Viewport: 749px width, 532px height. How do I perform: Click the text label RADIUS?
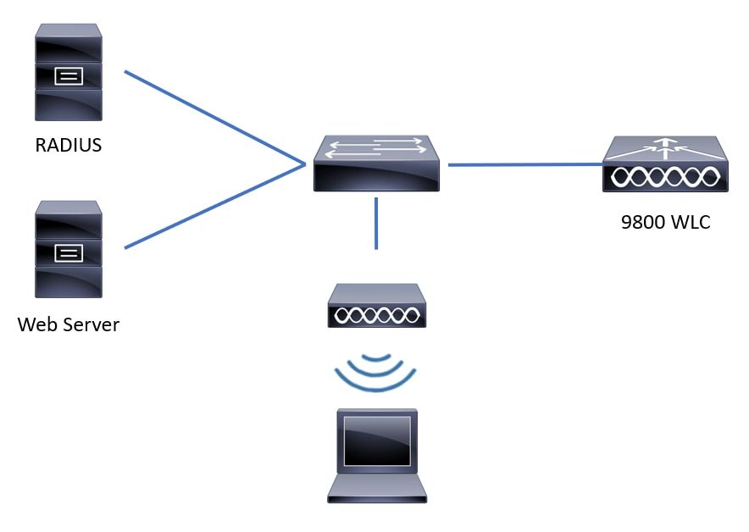[68, 146]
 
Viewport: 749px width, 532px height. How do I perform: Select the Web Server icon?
[69, 250]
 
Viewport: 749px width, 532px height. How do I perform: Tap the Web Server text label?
[69, 324]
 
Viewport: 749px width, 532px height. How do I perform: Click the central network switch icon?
[375, 164]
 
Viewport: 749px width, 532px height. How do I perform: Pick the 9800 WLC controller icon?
[665, 165]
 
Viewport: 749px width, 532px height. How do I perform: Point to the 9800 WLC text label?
[665, 223]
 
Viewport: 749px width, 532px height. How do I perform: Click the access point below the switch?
[376, 306]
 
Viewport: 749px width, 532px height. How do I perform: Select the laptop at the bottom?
[376, 456]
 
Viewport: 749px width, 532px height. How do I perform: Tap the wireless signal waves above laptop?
[376, 374]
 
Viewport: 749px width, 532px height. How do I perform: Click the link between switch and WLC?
[525, 164]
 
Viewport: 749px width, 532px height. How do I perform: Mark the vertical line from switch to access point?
[376, 224]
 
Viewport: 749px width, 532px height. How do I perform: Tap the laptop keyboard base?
[376, 489]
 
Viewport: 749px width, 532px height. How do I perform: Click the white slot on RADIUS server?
[69, 76]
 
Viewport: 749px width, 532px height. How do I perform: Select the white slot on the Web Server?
[69, 252]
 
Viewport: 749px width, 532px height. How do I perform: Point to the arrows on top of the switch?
[375, 148]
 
